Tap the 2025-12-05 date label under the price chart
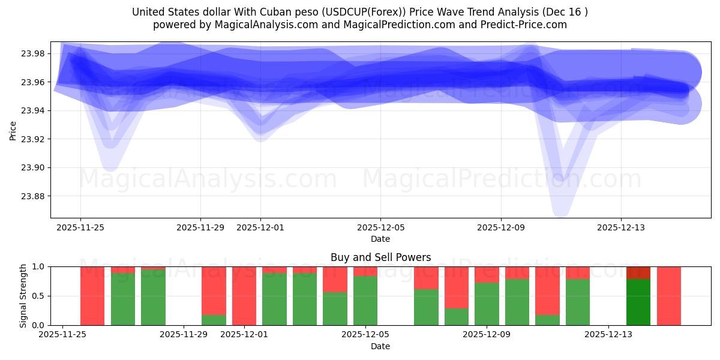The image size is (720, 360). [x=380, y=228]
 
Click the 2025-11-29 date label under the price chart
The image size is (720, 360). [x=200, y=228]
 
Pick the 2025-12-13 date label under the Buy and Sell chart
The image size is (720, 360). [x=608, y=335]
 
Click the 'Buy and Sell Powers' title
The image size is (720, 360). [x=380, y=258]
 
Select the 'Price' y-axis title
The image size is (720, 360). [x=13, y=130]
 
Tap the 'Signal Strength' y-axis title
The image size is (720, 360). [x=23, y=296]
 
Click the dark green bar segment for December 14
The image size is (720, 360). [x=638, y=302]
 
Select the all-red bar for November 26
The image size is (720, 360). [x=92, y=296]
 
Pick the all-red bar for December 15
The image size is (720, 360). [x=669, y=296]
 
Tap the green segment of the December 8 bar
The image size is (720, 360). [x=457, y=316]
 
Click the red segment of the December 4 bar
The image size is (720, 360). [x=335, y=279]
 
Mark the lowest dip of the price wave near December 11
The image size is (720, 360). [x=560, y=210]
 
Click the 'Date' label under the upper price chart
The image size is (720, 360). [x=380, y=239]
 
